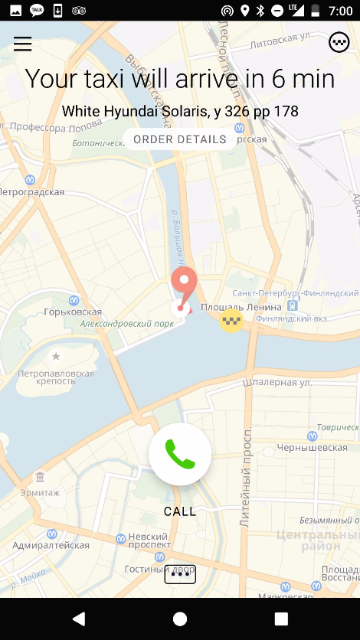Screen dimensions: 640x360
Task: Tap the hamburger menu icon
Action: click(x=23, y=44)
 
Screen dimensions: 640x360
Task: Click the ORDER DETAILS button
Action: click(x=180, y=139)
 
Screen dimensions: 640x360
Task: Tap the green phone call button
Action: click(x=180, y=454)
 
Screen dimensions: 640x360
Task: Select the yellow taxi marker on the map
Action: click(x=231, y=321)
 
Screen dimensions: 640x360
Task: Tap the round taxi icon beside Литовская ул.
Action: click(x=339, y=42)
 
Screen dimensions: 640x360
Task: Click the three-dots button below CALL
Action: click(x=180, y=574)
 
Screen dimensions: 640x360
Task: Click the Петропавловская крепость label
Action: click(x=56, y=378)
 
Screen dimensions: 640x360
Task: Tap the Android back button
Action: click(x=78, y=619)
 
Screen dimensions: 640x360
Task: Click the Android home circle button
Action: click(x=180, y=619)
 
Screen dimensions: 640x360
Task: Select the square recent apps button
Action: click(x=281, y=619)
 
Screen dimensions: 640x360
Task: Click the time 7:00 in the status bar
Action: click(x=339, y=11)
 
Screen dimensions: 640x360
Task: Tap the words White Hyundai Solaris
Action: click(x=134, y=112)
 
